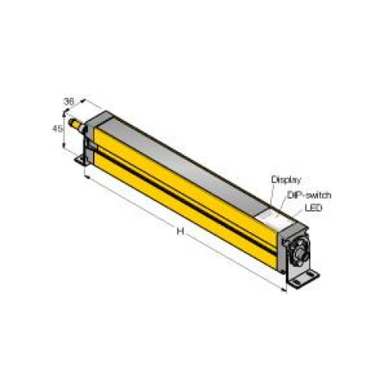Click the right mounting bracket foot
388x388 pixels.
pyautogui.click(x=307, y=278)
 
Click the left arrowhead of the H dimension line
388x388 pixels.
pyautogui.click(x=86, y=177)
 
